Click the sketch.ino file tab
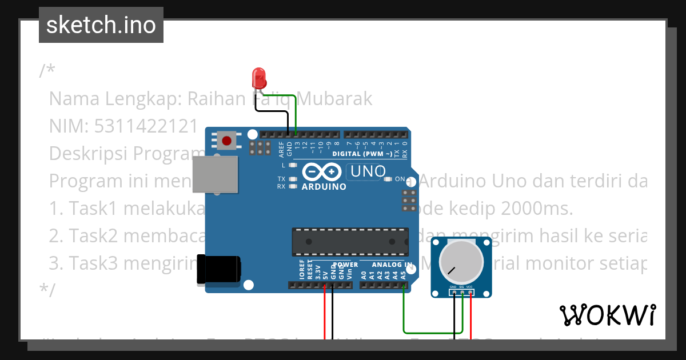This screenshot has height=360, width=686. coord(101,25)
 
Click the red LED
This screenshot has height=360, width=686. coord(259,77)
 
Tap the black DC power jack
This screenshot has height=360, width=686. coord(219,269)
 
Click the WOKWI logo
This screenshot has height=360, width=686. coord(607,315)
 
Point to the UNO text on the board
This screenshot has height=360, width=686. coord(368,171)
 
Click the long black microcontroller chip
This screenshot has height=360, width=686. coord(350,241)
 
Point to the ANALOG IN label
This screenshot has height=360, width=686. coord(392,265)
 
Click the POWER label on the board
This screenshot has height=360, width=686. coord(345,265)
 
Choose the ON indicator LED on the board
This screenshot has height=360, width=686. coord(388,179)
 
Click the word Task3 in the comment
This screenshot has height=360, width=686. coord(94,263)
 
